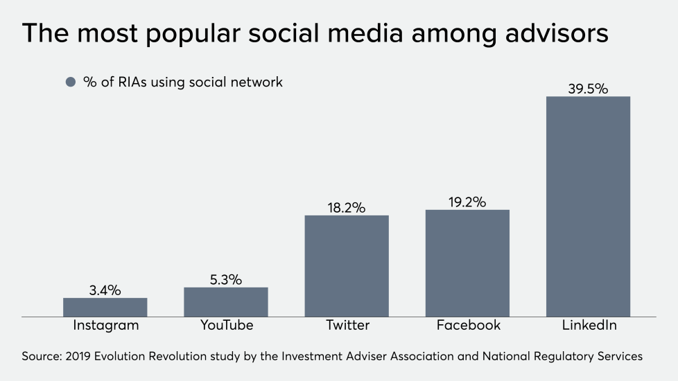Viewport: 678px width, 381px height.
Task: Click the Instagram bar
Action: tap(105, 308)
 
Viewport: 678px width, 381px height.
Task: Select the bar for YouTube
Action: tap(226, 302)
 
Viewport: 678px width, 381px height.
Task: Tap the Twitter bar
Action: tap(347, 266)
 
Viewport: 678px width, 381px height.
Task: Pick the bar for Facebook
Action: tap(467, 263)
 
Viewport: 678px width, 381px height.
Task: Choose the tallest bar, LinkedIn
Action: tap(588, 206)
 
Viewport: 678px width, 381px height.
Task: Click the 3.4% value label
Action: tap(105, 290)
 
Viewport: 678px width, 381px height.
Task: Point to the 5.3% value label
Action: tap(226, 280)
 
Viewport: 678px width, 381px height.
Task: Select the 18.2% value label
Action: tap(347, 208)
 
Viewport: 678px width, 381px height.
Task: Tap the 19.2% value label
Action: tap(467, 202)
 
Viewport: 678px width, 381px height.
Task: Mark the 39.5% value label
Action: tap(588, 89)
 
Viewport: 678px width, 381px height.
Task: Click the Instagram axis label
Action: tap(105, 325)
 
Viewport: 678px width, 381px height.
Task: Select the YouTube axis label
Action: tap(226, 325)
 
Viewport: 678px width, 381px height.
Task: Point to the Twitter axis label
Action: tap(347, 325)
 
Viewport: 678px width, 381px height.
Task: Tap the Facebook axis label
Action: tap(468, 325)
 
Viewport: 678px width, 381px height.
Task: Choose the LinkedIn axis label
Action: tap(589, 325)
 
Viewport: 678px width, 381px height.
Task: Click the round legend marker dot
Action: tap(69, 82)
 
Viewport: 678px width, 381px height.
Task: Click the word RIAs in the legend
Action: tap(132, 82)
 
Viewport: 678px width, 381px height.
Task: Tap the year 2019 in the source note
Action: tap(80, 357)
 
